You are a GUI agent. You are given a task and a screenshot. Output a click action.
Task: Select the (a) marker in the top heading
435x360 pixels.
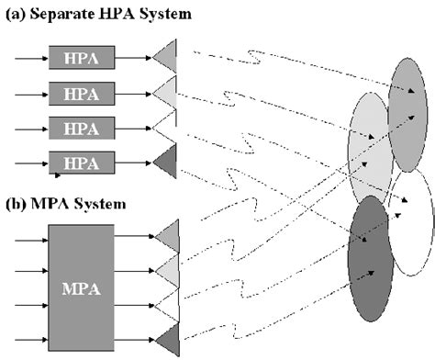click(14, 13)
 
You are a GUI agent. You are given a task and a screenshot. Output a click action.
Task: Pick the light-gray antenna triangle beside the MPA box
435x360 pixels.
click(167, 268)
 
